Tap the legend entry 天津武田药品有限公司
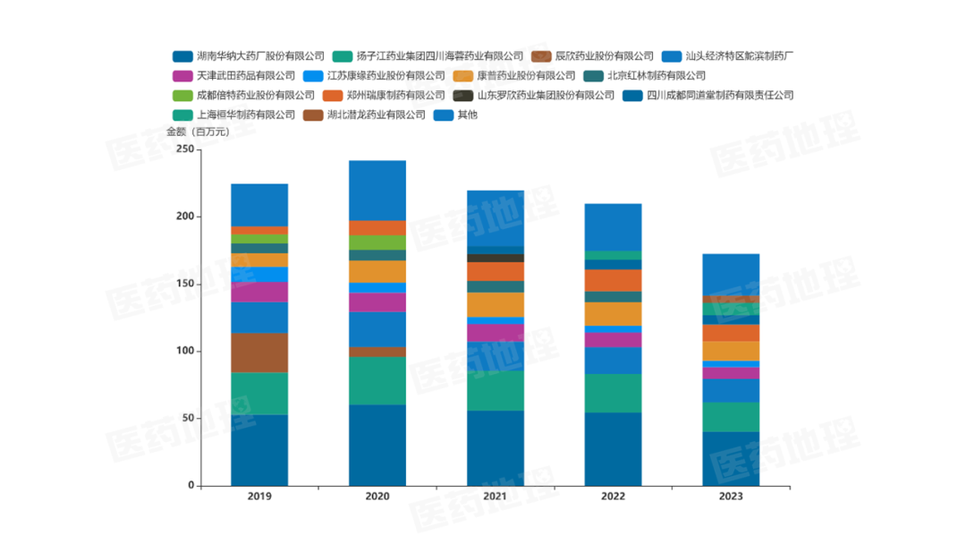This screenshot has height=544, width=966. (245, 75)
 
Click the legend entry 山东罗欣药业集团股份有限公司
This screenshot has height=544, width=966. (546, 95)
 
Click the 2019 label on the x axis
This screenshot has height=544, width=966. (259, 496)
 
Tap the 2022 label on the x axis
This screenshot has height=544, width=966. (613, 496)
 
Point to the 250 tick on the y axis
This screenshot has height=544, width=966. (184, 149)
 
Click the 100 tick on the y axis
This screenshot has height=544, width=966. (184, 352)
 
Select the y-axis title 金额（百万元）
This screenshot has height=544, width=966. (198, 132)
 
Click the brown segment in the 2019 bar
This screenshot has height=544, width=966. (259, 353)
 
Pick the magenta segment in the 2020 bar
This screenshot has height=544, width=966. (377, 302)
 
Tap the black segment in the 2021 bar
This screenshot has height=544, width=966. (496, 258)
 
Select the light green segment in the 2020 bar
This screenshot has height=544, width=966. (377, 242)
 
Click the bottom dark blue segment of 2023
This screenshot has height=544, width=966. (731, 459)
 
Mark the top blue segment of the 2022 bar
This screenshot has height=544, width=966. (613, 227)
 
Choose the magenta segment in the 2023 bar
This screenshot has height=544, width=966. (731, 373)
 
